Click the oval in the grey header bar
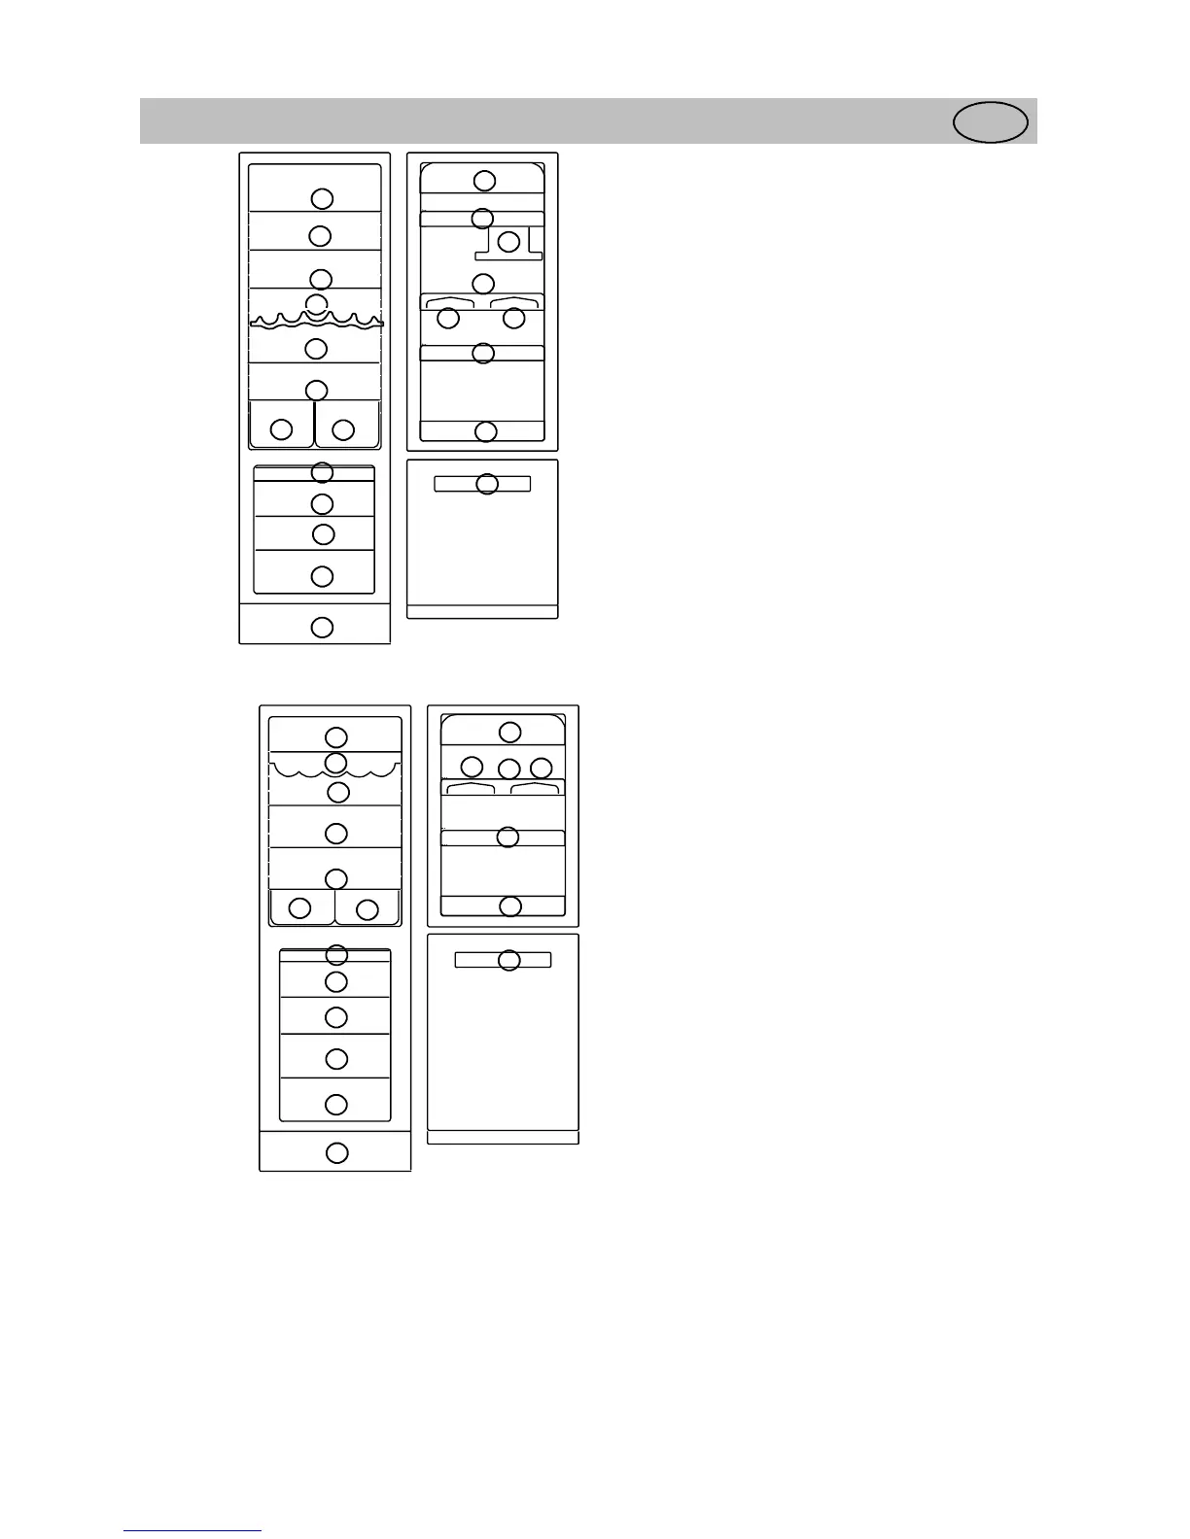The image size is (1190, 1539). [x=990, y=122]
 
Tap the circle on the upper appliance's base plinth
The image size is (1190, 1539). [x=322, y=627]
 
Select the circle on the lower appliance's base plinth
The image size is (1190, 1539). [x=336, y=1152]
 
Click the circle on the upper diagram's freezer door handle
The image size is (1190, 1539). [x=487, y=483]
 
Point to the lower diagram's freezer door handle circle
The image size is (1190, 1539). [x=508, y=960]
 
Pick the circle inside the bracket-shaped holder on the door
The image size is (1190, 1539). [x=508, y=242]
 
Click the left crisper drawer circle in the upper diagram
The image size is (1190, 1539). [x=281, y=428]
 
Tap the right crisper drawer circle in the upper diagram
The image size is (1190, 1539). [x=343, y=428]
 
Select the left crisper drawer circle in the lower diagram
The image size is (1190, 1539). [x=300, y=907]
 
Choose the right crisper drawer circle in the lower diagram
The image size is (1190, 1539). [x=367, y=909]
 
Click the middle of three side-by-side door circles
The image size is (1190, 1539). [x=508, y=769]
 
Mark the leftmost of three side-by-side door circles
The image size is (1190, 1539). [x=472, y=767]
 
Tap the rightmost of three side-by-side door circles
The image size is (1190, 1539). [x=542, y=769]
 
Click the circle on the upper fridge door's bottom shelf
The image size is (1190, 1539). [x=485, y=431]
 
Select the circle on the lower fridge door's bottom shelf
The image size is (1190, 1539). [x=510, y=906]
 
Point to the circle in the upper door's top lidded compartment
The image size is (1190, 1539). [x=484, y=181]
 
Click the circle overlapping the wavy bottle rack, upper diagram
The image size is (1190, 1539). [x=316, y=304]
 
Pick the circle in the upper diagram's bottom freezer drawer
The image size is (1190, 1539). [x=322, y=576]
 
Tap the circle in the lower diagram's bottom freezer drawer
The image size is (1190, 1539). [x=336, y=1104]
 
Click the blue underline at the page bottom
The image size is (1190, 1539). [x=192, y=1530]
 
